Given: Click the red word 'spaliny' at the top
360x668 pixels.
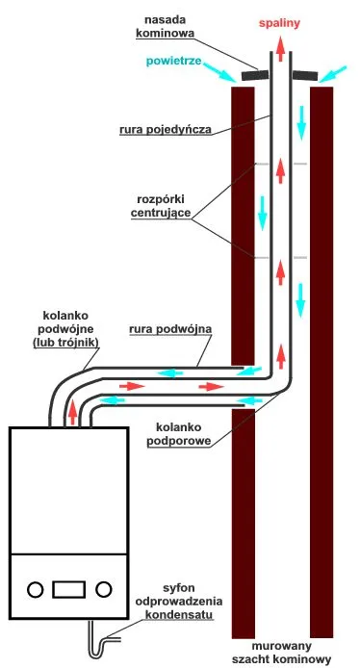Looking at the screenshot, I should tap(281, 18).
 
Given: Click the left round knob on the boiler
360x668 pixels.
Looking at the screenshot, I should tap(35, 587).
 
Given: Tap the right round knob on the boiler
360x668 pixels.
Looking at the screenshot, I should tap(106, 587).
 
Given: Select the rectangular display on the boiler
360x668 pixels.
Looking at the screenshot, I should tap(70, 587).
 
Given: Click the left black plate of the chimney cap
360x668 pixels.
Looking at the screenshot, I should tap(255, 74).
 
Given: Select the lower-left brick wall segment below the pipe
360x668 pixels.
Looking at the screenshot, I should tap(242, 520).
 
